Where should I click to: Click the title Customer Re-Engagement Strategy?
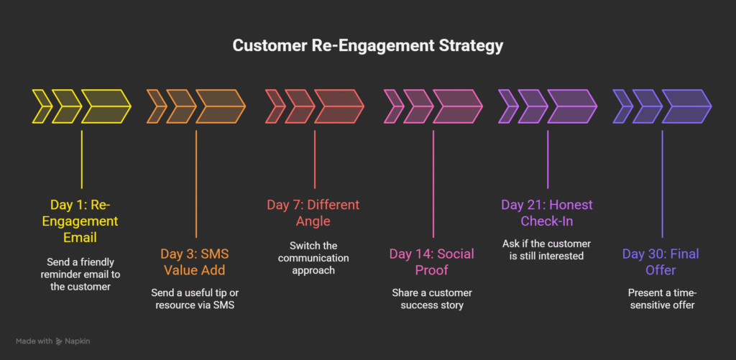click(367, 45)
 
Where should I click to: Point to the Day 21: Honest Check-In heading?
click(547, 213)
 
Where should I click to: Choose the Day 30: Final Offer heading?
click(661, 262)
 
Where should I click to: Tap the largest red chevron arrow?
click(339, 107)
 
